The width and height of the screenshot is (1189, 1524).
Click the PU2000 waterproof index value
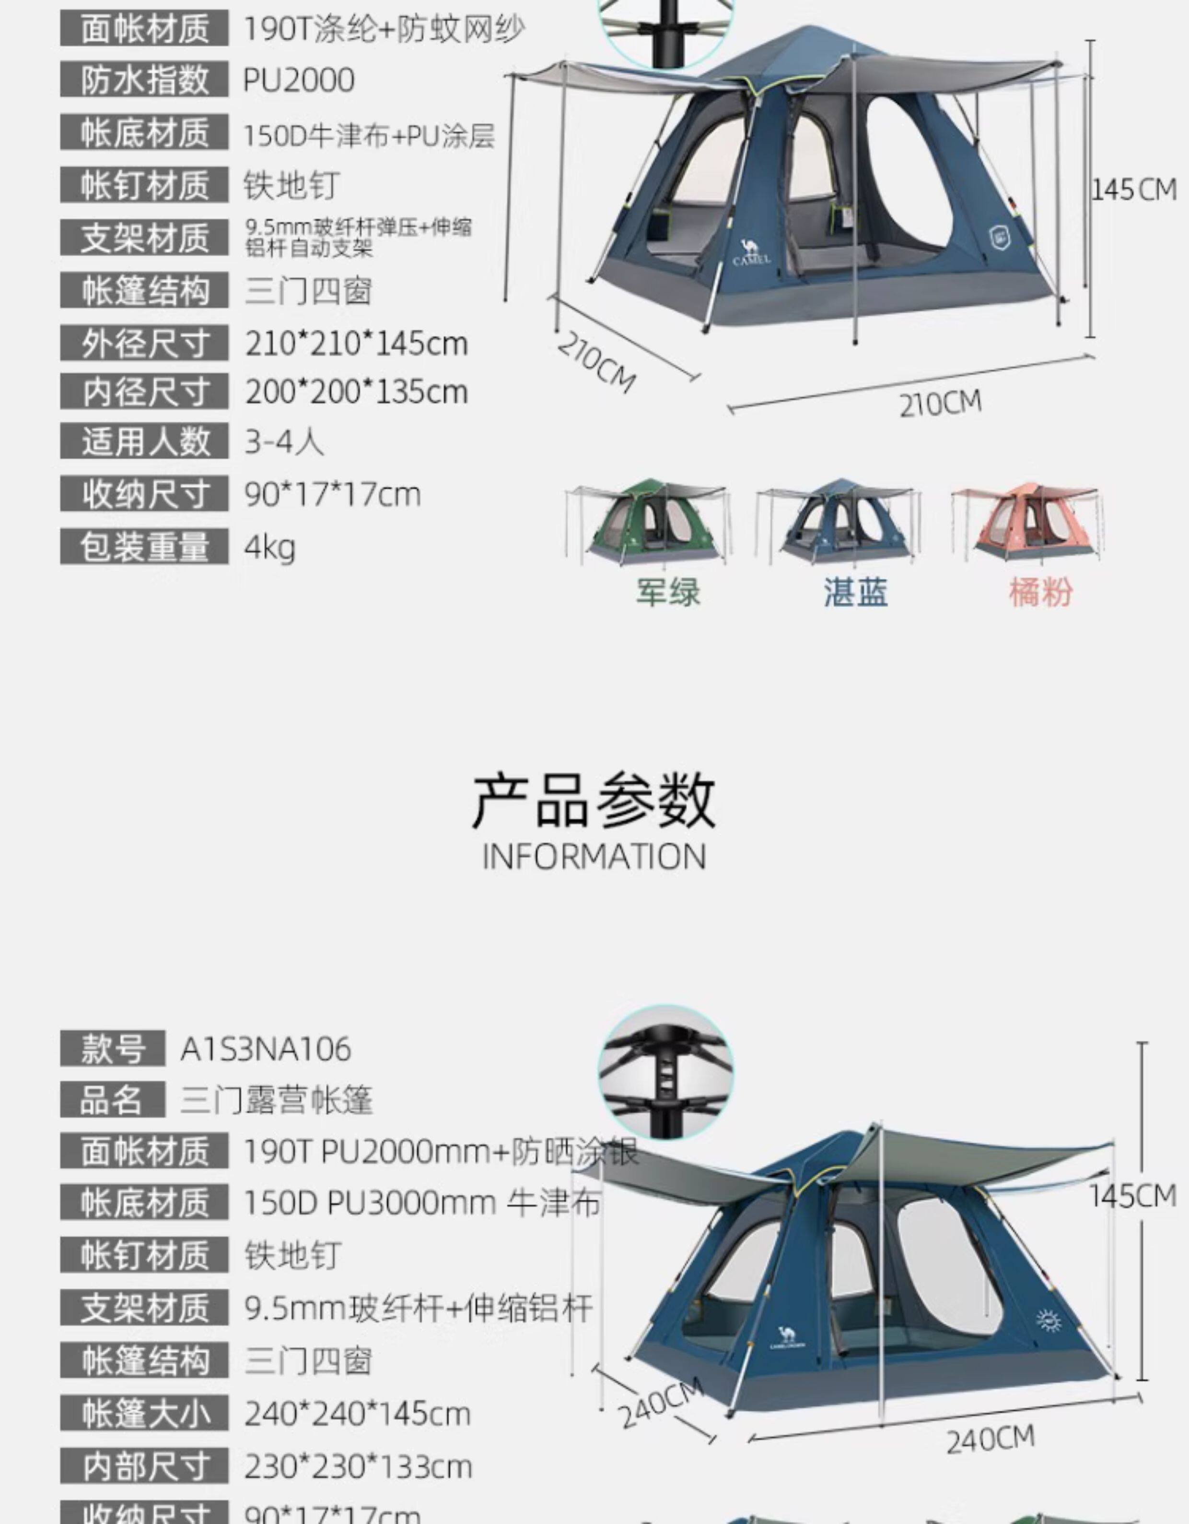299,80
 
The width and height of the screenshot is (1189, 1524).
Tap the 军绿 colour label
667,592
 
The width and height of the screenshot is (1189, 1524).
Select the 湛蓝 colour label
856,592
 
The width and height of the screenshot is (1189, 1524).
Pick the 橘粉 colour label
1040,592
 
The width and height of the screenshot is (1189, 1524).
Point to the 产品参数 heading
594,801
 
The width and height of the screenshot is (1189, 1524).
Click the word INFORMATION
594,857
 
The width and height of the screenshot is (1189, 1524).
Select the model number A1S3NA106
266,1049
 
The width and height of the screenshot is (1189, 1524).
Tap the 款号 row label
112,1049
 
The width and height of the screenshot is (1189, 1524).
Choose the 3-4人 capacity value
284,442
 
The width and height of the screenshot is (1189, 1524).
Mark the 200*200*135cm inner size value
356,392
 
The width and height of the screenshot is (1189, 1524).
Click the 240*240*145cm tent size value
358,1415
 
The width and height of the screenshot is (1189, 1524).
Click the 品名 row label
112,1100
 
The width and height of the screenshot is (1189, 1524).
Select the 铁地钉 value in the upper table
291,186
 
